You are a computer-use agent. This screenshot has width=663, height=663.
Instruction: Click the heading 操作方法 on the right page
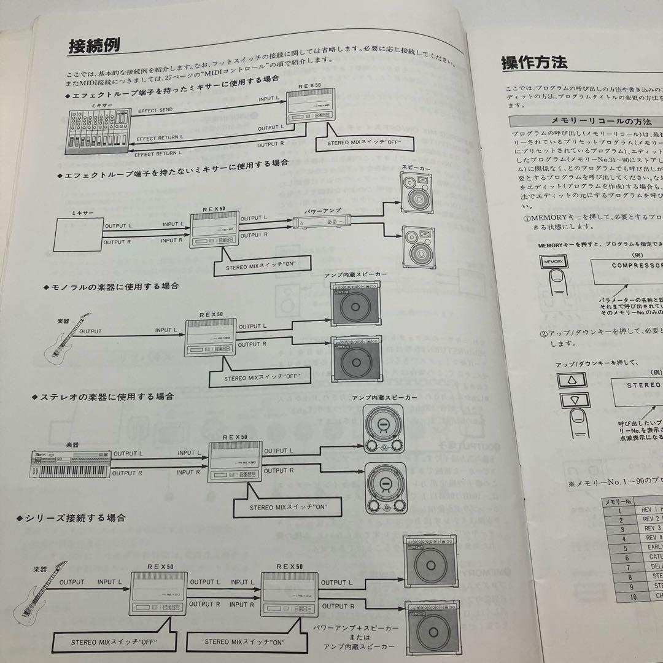tap(534, 62)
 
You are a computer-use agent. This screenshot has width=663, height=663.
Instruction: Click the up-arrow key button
tap(571, 380)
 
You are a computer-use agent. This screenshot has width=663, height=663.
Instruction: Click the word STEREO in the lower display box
tap(643, 385)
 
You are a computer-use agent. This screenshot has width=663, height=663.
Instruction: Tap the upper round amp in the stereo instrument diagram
tap(385, 428)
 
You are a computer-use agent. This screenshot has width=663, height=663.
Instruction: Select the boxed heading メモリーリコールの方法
tap(582, 121)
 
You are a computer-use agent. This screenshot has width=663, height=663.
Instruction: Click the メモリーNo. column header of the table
tap(619, 502)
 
